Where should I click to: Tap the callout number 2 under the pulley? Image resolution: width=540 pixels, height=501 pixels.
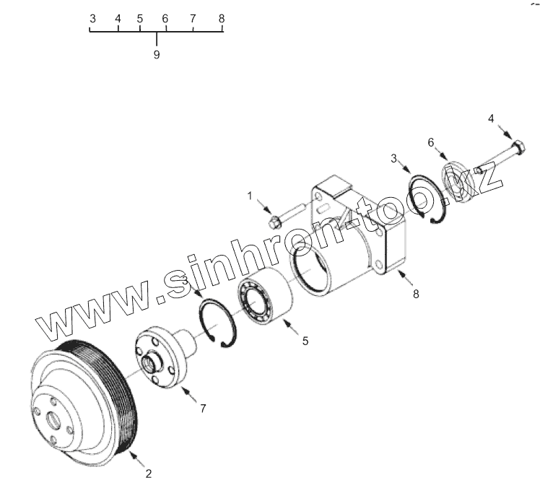[x=148, y=474]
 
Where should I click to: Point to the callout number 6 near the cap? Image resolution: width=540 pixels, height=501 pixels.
[x=431, y=142]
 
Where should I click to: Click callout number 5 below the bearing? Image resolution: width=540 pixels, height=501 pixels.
[x=305, y=340]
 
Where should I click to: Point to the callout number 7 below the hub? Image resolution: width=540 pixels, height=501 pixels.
[x=204, y=409]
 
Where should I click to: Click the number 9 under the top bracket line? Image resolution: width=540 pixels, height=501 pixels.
[x=157, y=54]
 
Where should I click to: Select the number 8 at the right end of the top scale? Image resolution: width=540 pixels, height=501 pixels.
[x=222, y=18]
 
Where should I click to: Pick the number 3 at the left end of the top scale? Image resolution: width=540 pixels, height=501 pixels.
[x=92, y=18]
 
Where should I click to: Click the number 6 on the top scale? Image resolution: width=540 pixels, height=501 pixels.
[x=165, y=18]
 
